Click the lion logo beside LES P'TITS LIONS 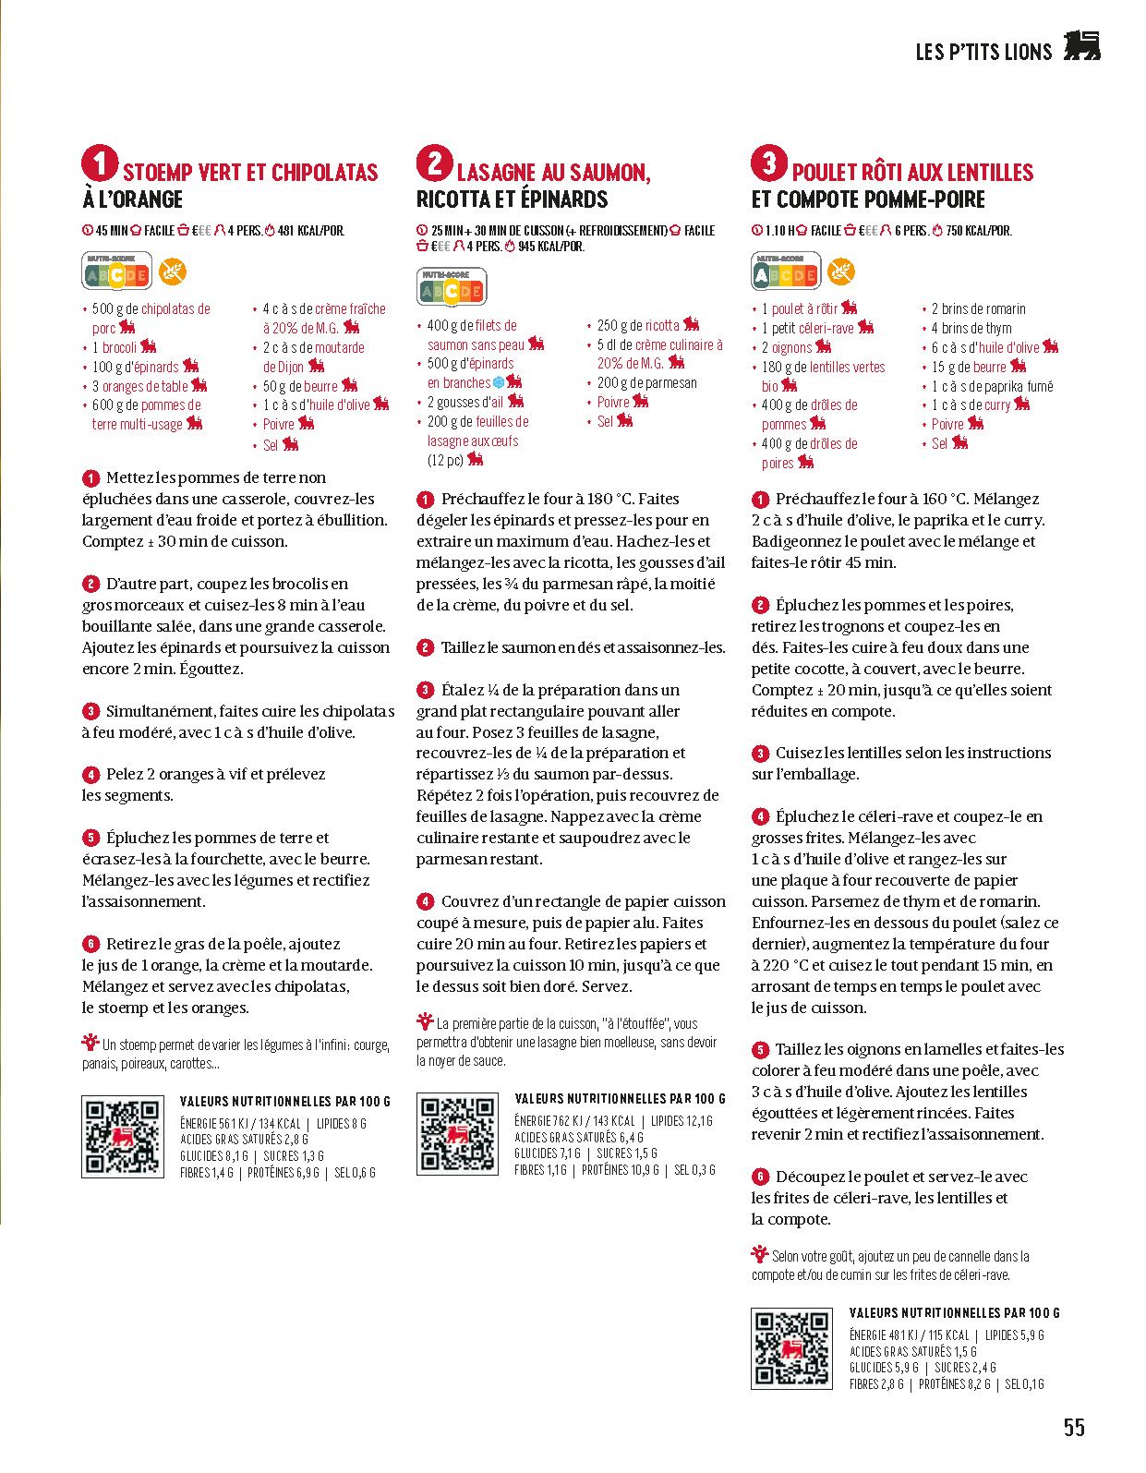pos(1081,46)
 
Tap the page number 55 pos(1074,1427)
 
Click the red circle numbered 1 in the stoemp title pos(100,163)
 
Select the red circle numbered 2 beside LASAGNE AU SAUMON pos(434,163)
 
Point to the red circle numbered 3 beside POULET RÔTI pos(769,163)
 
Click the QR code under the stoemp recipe pos(123,1137)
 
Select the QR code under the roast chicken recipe pos(791,1348)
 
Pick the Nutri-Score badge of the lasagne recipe pos(452,288)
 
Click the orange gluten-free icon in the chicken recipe pos(841,272)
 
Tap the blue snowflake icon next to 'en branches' pos(499,382)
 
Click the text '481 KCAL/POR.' pos(311,231)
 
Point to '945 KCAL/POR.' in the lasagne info pos(551,247)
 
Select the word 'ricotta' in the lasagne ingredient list pos(662,325)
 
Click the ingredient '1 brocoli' pos(115,347)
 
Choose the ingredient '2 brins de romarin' pos(978,308)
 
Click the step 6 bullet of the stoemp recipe pos(90,944)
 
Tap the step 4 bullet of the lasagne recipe pos(425,901)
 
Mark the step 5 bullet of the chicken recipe pos(760,1050)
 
